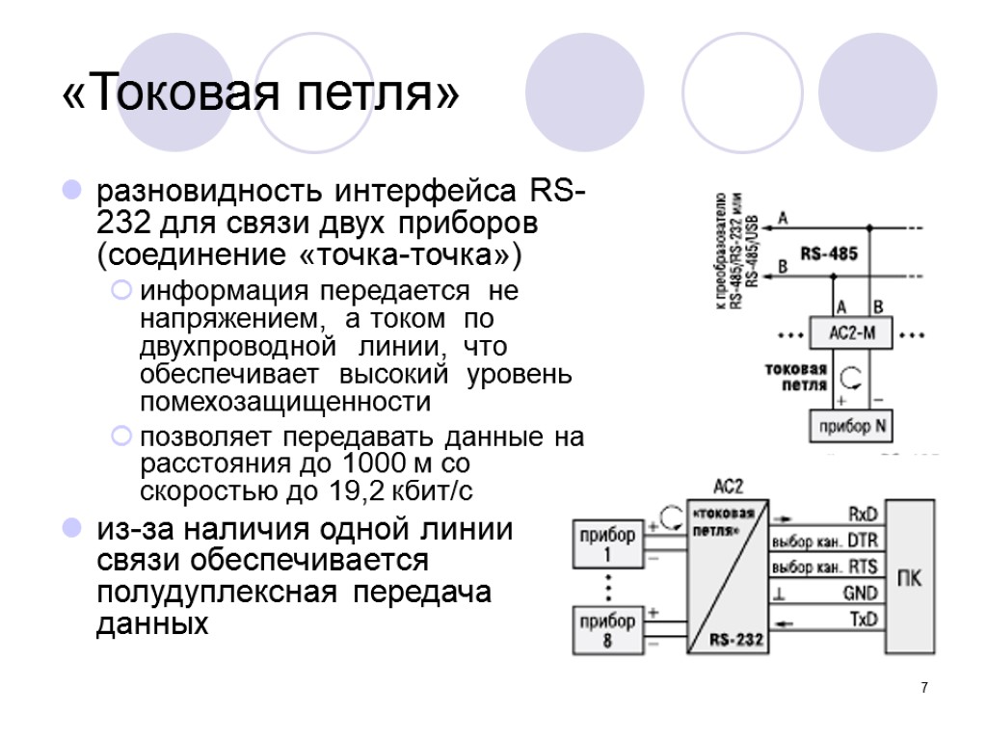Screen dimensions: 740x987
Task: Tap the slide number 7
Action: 924,688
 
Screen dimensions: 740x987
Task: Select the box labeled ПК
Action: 908,578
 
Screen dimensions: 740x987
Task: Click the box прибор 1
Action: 607,545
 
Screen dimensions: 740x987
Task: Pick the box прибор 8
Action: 607,629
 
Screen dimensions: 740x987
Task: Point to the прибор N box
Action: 848,427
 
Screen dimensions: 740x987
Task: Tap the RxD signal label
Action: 863,513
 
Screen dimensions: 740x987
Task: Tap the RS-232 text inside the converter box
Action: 735,638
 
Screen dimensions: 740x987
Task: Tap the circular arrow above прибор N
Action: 851,376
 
